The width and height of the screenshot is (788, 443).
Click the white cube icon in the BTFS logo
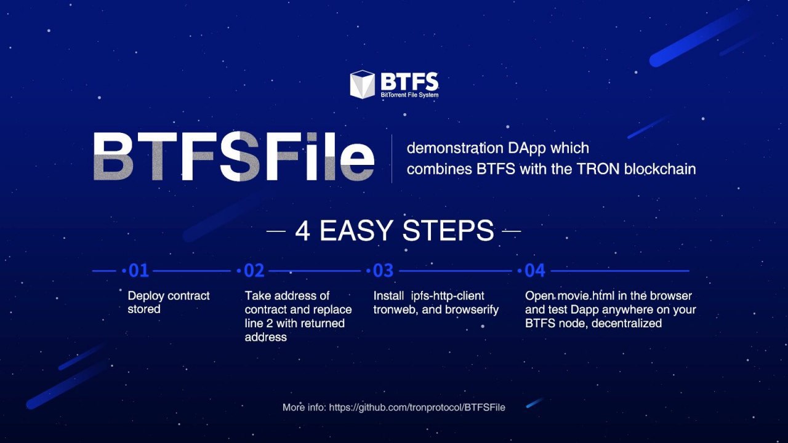pos(363,84)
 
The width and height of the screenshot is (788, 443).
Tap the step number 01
pos(139,271)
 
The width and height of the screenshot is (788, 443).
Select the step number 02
pos(254,271)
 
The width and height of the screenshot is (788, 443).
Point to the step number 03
pos(383,271)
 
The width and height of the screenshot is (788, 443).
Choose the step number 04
pos(535,271)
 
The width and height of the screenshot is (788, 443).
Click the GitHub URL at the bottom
pos(417,407)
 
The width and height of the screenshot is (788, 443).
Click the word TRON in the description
pos(598,169)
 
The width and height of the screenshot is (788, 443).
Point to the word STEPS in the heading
pos(448,231)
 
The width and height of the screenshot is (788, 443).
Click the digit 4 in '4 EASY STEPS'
pos(302,231)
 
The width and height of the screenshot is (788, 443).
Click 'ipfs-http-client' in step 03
pos(448,296)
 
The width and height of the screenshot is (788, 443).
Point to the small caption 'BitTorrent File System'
pos(409,95)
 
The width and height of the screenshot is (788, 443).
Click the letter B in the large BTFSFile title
pos(113,156)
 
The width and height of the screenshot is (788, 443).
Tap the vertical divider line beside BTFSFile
pos(392,159)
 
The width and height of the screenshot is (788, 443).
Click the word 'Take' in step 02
pos(258,296)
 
